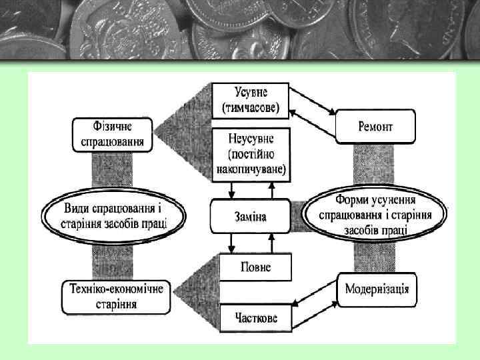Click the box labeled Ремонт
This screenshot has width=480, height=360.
point(375,126)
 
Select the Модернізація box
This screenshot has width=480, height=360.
point(377,290)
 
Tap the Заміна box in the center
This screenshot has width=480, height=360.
point(250,215)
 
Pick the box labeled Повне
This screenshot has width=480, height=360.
point(256,267)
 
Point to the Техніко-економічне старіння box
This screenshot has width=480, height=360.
point(116,296)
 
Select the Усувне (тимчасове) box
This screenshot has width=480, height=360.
point(251,99)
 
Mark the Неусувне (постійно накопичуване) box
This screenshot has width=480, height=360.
point(251,155)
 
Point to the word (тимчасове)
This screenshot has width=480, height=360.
point(251,107)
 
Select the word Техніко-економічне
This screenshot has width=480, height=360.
point(116,289)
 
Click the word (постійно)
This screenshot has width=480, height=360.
point(251,155)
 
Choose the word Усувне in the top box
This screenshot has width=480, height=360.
point(251,91)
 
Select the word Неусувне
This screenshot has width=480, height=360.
point(251,140)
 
